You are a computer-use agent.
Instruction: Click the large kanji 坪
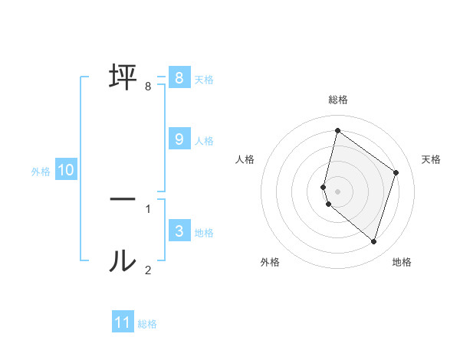click(x=123, y=77)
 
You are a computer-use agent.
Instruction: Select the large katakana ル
click(x=123, y=261)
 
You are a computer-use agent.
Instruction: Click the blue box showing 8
click(x=179, y=78)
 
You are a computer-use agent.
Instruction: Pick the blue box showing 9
click(x=179, y=139)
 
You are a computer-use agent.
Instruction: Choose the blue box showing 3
click(x=179, y=231)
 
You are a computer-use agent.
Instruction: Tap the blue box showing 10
click(x=66, y=170)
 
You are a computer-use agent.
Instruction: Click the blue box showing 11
click(x=123, y=322)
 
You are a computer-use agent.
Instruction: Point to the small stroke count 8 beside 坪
click(x=148, y=87)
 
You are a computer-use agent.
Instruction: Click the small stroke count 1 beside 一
click(x=148, y=208)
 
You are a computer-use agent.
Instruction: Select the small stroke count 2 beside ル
click(x=148, y=270)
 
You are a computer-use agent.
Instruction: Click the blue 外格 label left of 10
click(x=41, y=172)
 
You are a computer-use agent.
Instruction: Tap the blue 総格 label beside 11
click(x=147, y=324)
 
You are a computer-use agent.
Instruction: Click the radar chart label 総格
click(x=337, y=100)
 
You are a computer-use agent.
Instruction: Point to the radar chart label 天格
click(x=431, y=159)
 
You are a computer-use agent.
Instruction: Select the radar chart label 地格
click(x=402, y=262)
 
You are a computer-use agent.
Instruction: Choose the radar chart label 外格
click(x=270, y=262)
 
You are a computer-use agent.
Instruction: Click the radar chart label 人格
click(x=245, y=159)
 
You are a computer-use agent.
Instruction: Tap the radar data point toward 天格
click(x=396, y=172)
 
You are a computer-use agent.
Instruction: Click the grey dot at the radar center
click(x=337, y=191)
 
